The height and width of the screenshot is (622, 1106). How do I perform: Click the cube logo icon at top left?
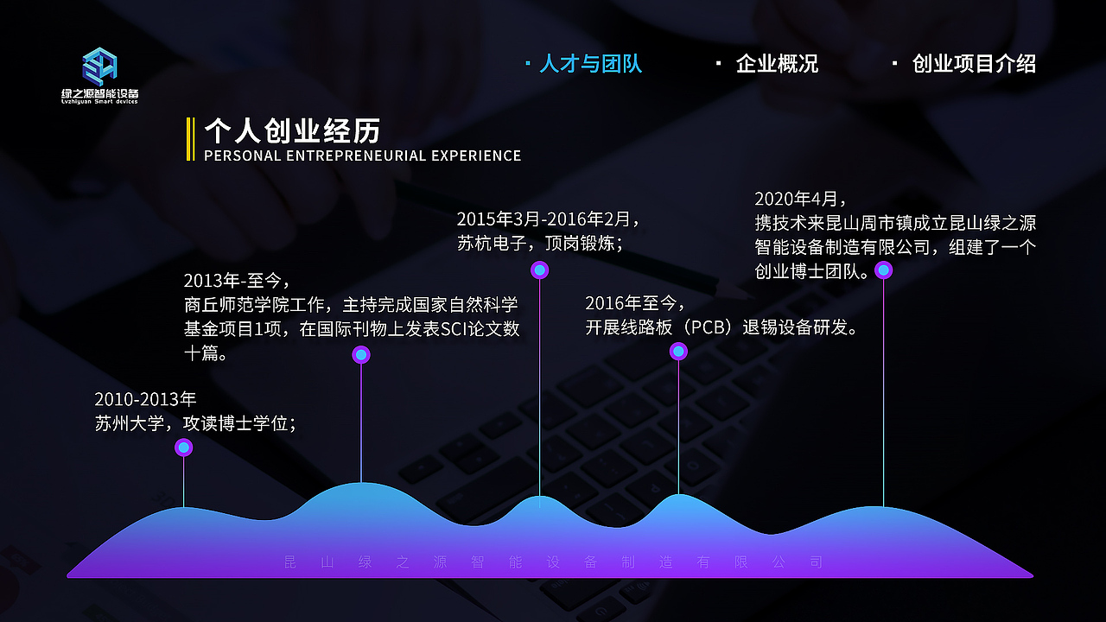99,66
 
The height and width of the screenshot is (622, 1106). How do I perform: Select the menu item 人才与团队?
590,64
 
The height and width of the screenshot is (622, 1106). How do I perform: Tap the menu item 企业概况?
776,64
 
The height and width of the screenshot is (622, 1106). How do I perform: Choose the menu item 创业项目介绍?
973,64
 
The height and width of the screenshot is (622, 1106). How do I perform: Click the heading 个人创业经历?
292,131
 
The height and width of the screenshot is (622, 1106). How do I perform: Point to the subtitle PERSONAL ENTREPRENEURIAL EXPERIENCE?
363,156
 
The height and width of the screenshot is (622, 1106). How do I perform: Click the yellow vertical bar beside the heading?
190,139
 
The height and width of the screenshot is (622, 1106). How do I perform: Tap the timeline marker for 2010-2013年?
183,447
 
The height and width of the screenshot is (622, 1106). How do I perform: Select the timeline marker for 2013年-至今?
361,354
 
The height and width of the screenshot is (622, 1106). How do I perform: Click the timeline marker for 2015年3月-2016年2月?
540,270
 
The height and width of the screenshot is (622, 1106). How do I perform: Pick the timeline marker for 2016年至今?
678,351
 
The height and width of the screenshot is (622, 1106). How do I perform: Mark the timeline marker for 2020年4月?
883,270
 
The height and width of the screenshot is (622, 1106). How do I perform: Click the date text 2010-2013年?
145,399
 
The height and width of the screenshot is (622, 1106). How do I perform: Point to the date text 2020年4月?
801,200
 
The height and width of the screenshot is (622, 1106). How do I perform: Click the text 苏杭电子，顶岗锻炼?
539,244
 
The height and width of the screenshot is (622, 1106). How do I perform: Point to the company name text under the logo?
100,95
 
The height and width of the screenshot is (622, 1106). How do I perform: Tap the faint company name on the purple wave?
553,562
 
